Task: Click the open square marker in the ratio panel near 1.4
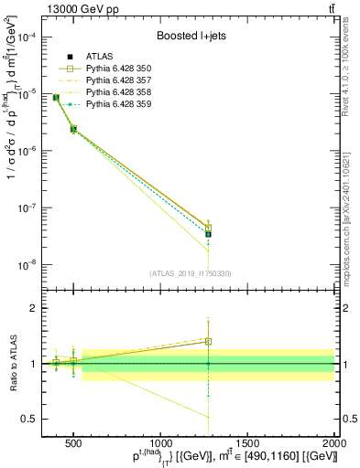[208, 342]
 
